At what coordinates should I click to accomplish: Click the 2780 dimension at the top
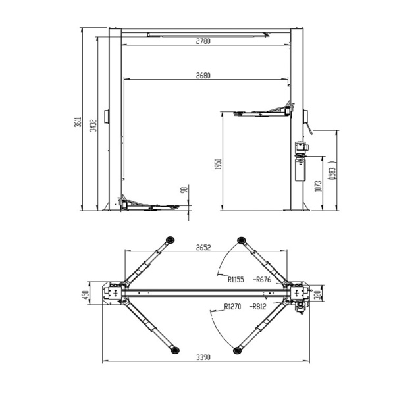(x=203, y=41)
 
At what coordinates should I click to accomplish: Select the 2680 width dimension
(x=203, y=75)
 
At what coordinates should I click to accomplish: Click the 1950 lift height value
(x=218, y=163)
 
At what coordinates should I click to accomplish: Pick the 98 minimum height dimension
(x=186, y=190)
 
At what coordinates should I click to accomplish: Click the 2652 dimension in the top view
(x=203, y=248)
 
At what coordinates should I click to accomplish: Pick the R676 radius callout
(x=262, y=279)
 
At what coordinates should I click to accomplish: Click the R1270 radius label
(x=233, y=306)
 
